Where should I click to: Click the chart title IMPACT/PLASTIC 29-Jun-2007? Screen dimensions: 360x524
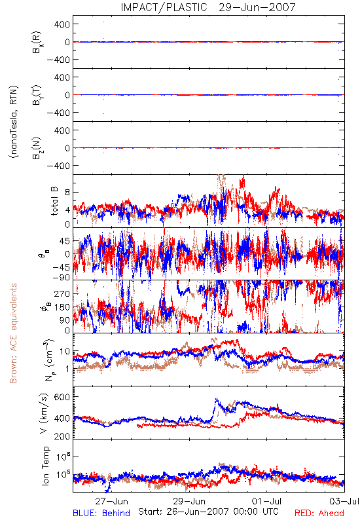tap(208, 7)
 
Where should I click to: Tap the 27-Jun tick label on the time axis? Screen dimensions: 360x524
tap(111, 501)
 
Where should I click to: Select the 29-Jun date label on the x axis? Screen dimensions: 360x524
tap(189, 501)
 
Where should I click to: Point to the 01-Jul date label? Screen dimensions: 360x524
tap(266, 501)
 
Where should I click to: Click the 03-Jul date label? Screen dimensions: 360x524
tap(344, 501)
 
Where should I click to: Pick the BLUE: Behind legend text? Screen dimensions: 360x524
tap(101, 513)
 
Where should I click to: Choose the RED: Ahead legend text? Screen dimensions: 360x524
tap(319, 513)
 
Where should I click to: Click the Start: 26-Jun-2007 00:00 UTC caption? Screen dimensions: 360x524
tap(208, 512)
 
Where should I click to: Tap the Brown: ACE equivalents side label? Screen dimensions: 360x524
tap(13, 333)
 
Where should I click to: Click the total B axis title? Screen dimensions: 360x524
tap(54, 201)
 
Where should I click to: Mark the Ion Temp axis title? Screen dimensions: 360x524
tap(45, 466)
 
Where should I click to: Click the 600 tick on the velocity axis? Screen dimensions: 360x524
tap(62, 397)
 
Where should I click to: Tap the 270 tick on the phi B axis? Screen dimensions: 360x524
tap(62, 293)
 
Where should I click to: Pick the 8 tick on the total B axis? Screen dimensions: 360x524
tap(67, 193)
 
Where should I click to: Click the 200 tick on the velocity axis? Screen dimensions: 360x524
tap(62, 436)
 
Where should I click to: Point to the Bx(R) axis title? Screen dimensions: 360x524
tap(37, 42)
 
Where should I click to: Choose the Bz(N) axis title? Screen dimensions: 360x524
tap(37, 148)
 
